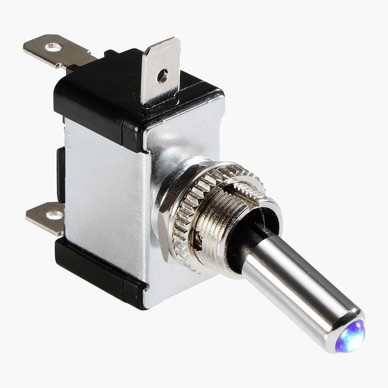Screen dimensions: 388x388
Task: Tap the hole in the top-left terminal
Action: [53, 46]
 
